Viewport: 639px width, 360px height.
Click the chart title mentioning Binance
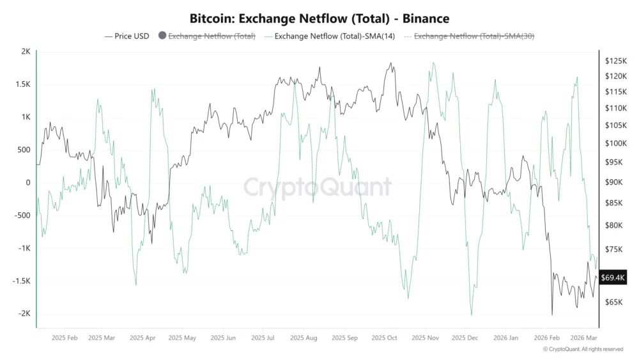pyautogui.click(x=319, y=19)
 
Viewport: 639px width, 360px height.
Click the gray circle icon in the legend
pyautogui.click(x=162, y=36)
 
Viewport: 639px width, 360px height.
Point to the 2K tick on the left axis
pyautogui.click(x=25, y=52)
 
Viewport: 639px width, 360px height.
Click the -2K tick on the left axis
pyautogui.click(x=24, y=314)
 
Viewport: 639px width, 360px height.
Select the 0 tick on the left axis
pyautogui.click(x=27, y=183)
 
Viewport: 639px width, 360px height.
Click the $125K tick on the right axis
pyautogui.click(x=616, y=61)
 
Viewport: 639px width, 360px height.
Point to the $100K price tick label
pyautogui.click(x=616, y=144)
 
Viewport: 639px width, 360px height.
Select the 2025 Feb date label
pyautogui.click(x=65, y=337)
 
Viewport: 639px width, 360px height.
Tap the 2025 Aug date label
pyautogui.click(x=303, y=337)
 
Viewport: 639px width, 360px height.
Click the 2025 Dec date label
pyautogui.click(x=465, y=337)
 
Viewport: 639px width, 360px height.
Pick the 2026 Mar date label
pyautogui.click(x=584, y=337)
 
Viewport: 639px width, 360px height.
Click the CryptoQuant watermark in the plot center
pyautogui.click(x=318, y=187)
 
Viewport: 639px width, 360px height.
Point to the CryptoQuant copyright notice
pyautogui.click(x=583, y=349)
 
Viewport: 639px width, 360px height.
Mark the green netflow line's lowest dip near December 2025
pyautogui.click(x=472, y=315)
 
